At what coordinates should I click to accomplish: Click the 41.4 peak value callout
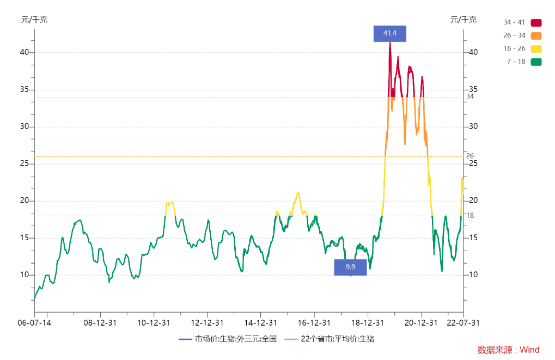coord(389,33)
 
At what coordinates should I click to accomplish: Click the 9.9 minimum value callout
coord(350,267)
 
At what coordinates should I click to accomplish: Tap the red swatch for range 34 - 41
coord(536,22)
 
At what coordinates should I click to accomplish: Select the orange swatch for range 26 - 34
coord(536,35)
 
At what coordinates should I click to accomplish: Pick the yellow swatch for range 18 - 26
coord(536,48)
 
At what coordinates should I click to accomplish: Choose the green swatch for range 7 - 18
coord(536,62)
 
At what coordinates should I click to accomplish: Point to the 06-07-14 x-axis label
coord(34,322)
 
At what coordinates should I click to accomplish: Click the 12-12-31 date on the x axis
coord(208,322)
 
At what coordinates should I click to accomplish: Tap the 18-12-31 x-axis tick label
coord(368,322)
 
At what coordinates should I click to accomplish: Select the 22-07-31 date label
coord(463,322)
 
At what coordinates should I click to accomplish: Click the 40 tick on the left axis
coord(25,52)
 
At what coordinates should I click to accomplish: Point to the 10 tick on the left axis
coord(25,274)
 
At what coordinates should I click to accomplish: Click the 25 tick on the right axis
coord(473,163)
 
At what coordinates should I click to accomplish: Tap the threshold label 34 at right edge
coord(470,96)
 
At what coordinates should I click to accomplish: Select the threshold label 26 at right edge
coord(470,156)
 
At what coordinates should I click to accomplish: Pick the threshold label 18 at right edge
coord(470,215)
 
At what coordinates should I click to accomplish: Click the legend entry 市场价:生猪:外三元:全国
coord(228,339)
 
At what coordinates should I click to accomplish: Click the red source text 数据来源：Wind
coord(508,350)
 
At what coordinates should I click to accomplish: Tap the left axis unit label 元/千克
coord(34,20)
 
